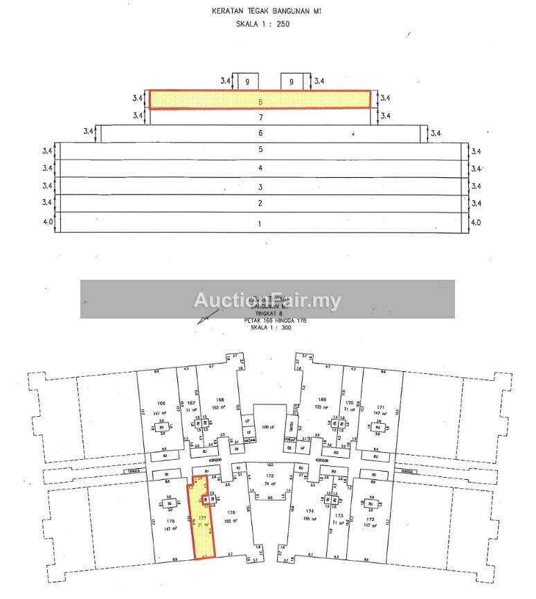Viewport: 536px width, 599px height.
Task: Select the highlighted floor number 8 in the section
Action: (x=260, y=100)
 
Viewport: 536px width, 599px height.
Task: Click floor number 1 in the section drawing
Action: (x=260, y=224)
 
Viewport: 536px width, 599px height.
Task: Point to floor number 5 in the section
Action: (x=260, y=150)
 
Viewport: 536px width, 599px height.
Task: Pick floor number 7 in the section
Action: (x=260, y=117)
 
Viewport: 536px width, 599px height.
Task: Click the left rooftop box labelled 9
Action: (x=247, y=82)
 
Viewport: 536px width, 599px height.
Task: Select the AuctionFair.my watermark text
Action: (x=267, y=300)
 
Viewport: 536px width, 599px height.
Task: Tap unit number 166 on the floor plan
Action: (x=161, y=403)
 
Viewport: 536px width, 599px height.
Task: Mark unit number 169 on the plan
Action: (x=321, y=400)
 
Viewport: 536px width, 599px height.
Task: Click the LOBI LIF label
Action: (x=264, y=427)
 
